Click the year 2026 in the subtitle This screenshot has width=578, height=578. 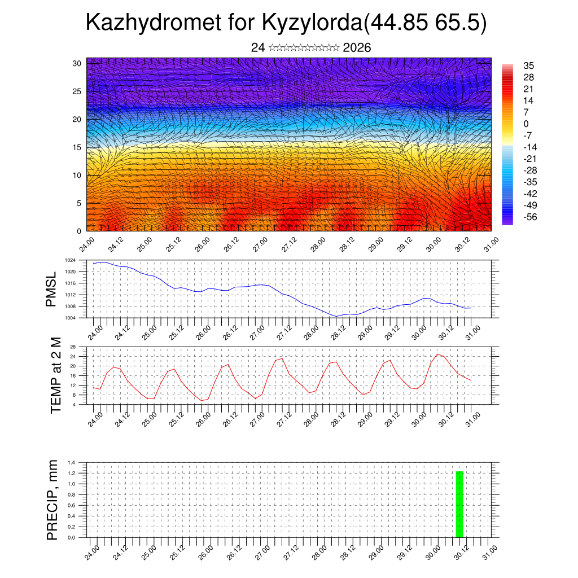(357, 48)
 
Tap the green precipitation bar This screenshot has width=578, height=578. (459, 503)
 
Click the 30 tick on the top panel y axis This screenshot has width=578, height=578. (77, 63)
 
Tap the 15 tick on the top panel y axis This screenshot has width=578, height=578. (77, 147)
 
